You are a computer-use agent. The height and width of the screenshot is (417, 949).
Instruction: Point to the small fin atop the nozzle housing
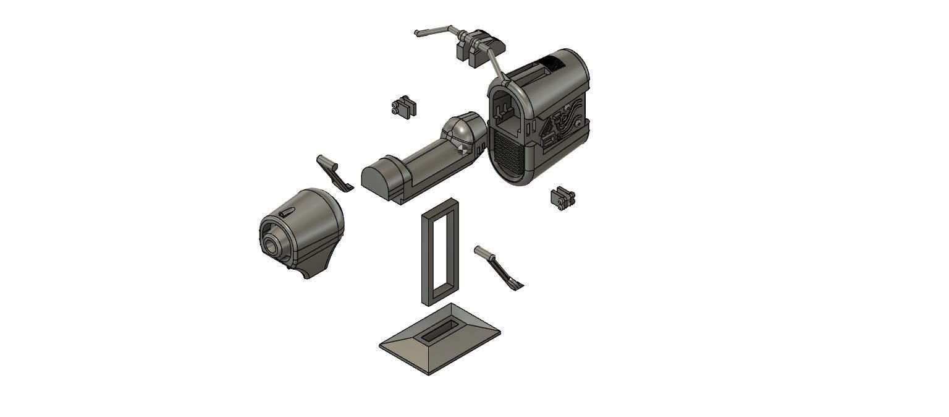[287, 212]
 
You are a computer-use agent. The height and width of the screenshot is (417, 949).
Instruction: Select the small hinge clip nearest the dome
[403, 106]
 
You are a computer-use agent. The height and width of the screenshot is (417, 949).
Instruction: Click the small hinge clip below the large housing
[563, 198]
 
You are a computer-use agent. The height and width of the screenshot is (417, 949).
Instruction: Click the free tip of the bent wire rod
[418, 33]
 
